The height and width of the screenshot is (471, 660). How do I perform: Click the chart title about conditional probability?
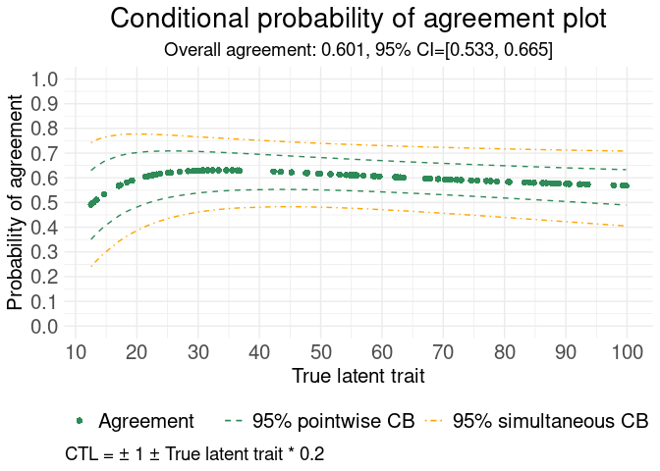coord(357,20)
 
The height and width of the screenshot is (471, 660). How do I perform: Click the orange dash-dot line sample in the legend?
coord(435,421)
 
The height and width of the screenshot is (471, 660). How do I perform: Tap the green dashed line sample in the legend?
coord(234,421)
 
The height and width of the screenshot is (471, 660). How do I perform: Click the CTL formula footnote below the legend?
coord(194,454)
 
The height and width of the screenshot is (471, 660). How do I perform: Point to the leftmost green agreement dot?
coord(90,205)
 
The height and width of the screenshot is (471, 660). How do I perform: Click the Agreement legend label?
coord(147,421)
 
